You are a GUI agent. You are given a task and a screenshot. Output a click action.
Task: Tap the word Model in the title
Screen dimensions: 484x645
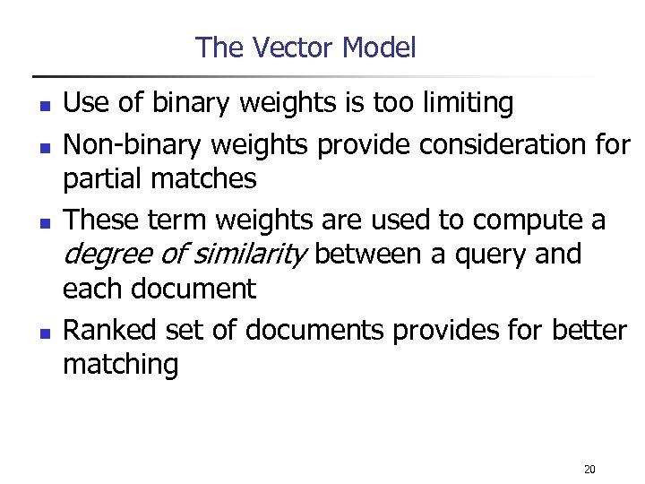377,47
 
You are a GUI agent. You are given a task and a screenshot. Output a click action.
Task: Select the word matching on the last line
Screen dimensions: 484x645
120,365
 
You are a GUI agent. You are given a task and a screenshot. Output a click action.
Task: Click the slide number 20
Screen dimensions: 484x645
589,470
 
